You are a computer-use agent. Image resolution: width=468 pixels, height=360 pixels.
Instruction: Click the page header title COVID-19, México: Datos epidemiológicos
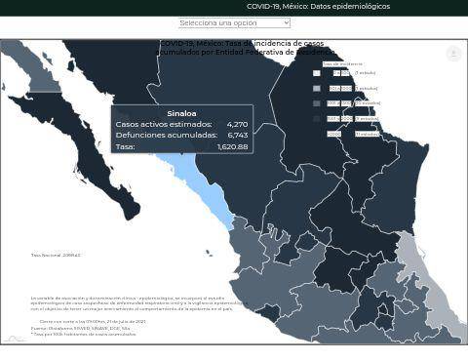[318, 7]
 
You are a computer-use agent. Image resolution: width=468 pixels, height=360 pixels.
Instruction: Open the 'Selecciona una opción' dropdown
[234, 22]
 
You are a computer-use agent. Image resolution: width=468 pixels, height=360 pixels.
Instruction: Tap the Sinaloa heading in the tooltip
[181, 113]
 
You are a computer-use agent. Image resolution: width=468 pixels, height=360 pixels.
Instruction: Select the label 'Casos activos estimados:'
[164, 125]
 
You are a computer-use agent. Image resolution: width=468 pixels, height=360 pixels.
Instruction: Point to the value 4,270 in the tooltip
[237, 125]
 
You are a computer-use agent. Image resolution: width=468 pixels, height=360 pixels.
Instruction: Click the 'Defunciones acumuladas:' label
[166, 136]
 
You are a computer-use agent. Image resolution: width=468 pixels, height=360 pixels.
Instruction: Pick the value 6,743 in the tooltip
[237, 136]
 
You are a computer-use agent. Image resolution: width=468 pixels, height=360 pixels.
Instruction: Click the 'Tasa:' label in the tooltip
[125, 146]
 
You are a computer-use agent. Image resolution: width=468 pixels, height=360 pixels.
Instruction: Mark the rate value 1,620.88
[232, 146]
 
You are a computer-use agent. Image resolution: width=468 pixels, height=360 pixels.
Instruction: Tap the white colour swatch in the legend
[317, 73]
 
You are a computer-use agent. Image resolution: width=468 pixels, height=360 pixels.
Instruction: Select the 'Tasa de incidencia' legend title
[342, 63]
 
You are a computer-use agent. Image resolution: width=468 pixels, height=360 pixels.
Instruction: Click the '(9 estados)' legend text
[366, 118]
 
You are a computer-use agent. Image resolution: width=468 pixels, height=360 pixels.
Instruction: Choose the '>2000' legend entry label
[333, 134]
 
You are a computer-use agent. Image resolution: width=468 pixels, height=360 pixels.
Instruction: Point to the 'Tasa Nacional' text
[56, 256]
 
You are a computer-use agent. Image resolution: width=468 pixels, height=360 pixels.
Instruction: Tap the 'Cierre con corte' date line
[93, 321]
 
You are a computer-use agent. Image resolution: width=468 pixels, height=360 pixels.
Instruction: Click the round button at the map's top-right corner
[453, 54]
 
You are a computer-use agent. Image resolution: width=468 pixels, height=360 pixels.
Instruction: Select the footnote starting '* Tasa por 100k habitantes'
[84, 334]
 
